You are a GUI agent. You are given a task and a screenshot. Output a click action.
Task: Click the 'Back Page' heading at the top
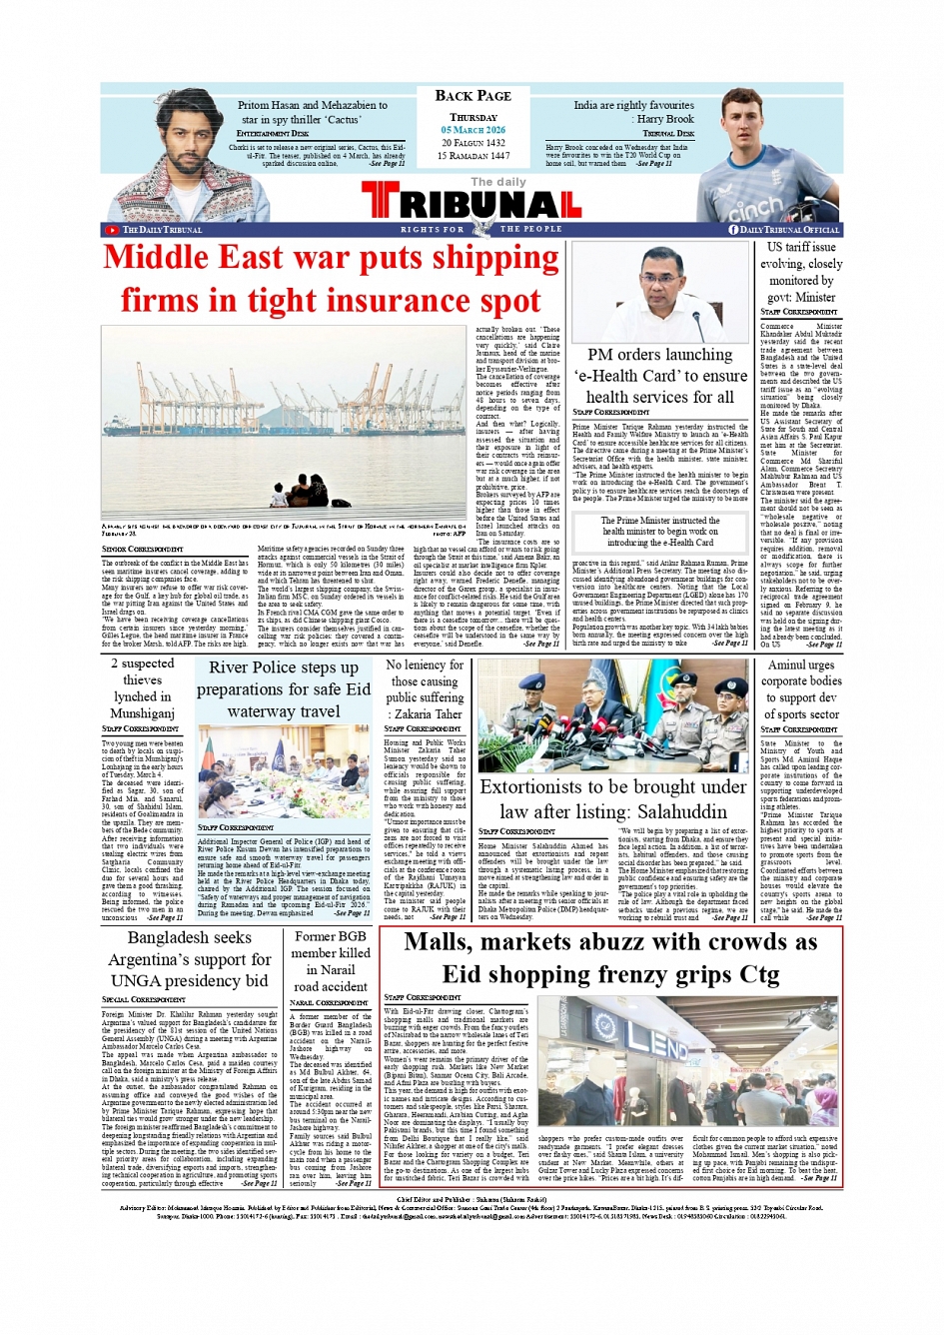coord(472,96)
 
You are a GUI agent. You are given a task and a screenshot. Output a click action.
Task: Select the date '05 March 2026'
coord(472,130)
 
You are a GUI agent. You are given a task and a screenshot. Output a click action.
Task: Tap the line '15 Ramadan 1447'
coord(472,155)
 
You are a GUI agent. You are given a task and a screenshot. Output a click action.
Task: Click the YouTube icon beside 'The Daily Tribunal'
coord(112,230)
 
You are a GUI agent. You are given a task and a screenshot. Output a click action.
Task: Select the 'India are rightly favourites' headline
coord(633,105)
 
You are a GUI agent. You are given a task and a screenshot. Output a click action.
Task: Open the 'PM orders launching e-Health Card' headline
coord(660,376)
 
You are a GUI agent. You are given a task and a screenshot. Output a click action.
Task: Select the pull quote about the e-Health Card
coord(660,532)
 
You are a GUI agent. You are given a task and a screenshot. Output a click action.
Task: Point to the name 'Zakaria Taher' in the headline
coord(429,713)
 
